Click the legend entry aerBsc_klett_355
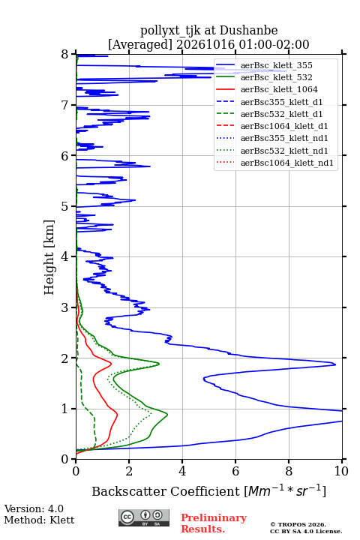pyautogui.click(x=276, y=65)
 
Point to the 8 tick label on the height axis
pyautogui.click(x=65, y=55)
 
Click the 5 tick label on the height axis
pyautogui.click(x=65, y=207)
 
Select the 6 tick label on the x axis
pyautogui.click(x=235, y=471)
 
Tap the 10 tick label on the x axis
pyautogui.click(x=341, y=471)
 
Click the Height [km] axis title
pyautogui.click(x=49, y=257)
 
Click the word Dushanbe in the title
pyautogui.click(x=248, y=30)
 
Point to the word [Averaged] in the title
pyautogui.click(x=140, y=45)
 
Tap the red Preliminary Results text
pyautogui.click(x=214, y=523)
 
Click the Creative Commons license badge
pyautogui.click(x=144, y=517)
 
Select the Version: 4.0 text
pyautogui.click(x=34, y=508)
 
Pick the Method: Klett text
pyautogui.click(x=39, y=520)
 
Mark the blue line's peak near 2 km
pyautogui.click(x=335, y=364)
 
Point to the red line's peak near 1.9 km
pyautogui.click(x=111, y=363)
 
